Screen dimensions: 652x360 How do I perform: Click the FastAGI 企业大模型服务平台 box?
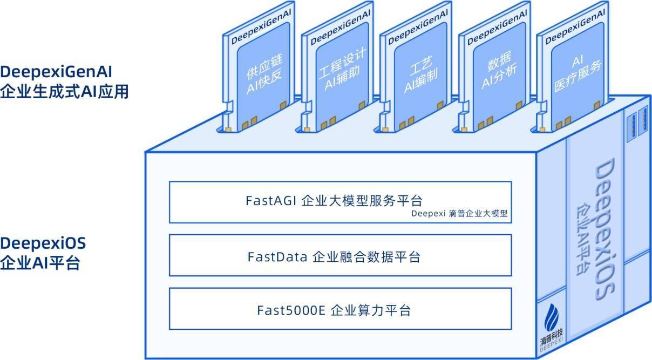(x=340, y=202)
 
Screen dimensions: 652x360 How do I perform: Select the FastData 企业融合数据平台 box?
(x=340, y=255)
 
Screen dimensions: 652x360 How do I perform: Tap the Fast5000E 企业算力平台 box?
(x=340, y=309)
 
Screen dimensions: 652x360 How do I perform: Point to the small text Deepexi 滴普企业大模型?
(x=459, y=214)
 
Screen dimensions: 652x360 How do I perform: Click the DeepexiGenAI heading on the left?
(x=56, y=72)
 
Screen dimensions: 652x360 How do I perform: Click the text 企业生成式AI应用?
(x=64, y=92)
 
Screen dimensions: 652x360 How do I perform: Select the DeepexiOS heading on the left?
(x=43, y=243)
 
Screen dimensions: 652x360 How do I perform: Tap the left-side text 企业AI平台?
(x=40, y=263)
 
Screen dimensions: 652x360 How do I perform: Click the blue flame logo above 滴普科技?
(x=551, y=318)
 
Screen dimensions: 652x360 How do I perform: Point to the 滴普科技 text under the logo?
(x=551, y=337)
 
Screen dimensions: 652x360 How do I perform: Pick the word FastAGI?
(x=271, y=201)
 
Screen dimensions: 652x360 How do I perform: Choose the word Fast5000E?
(x=291, y=310)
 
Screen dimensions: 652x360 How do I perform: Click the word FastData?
(x=277, y=257)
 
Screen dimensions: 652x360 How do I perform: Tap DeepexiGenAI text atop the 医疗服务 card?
(x=575, y=26)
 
